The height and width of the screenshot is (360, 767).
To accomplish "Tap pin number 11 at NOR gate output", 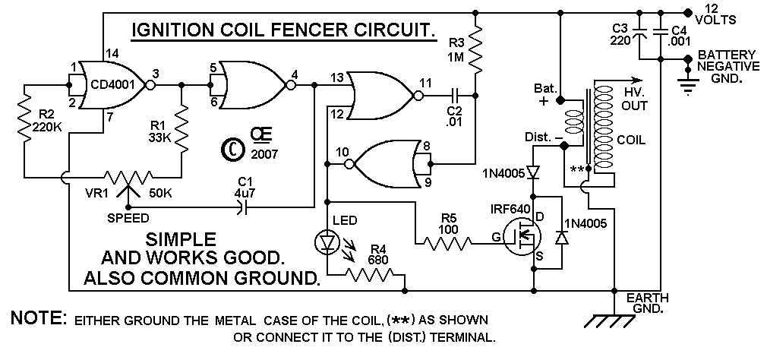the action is click(425, 83).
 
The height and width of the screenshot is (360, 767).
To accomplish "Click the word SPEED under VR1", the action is click(128, 218).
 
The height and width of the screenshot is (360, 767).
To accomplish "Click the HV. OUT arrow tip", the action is click(641, 81).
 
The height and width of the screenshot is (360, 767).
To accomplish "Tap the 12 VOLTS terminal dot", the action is click(687, 12).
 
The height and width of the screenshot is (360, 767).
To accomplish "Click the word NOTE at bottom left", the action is click(39, 318).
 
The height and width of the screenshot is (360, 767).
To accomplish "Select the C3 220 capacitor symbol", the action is click(640, 33).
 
